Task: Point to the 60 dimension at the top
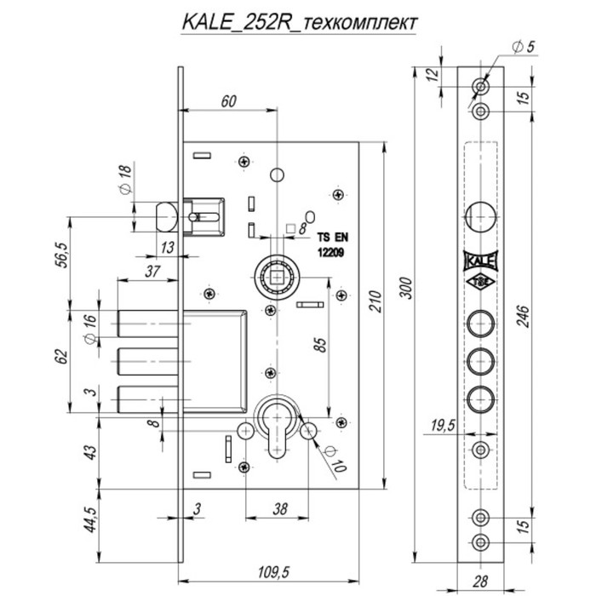[228, 101]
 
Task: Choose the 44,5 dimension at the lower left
[88, 518]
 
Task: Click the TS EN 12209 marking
[335, 246]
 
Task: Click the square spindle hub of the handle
[278, 275]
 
